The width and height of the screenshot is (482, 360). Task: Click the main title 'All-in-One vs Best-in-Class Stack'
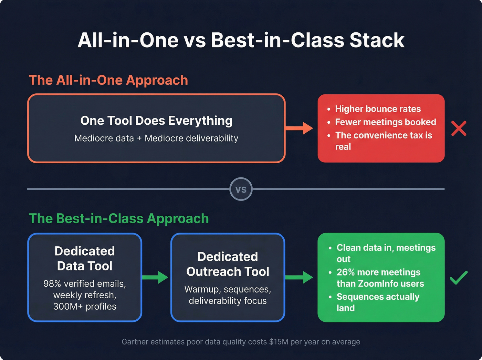[241, 40]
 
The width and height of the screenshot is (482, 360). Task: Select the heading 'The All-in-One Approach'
[108, 80]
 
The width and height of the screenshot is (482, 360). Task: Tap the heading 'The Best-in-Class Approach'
[118, 219]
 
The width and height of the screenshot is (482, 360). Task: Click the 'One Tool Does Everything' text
[156, 121]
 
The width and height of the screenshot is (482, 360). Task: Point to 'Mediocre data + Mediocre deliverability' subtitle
[156, 138]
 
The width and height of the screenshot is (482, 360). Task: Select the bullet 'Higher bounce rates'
[378, 109]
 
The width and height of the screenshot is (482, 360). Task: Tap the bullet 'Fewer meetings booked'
[385, 122]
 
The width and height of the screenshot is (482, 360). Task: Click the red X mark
[459, 128]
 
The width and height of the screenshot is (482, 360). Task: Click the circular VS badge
[241, 189]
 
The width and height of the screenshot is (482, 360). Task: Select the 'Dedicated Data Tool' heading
[85, 258]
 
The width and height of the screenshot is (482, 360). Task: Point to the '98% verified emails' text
[85, 284]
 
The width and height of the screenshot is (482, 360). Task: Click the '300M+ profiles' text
[85, 307]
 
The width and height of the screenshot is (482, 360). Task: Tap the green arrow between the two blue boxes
[156, 277]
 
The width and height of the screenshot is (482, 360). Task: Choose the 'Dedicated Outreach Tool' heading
[228, 264]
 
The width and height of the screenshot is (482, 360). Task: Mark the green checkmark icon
[459, 278]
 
